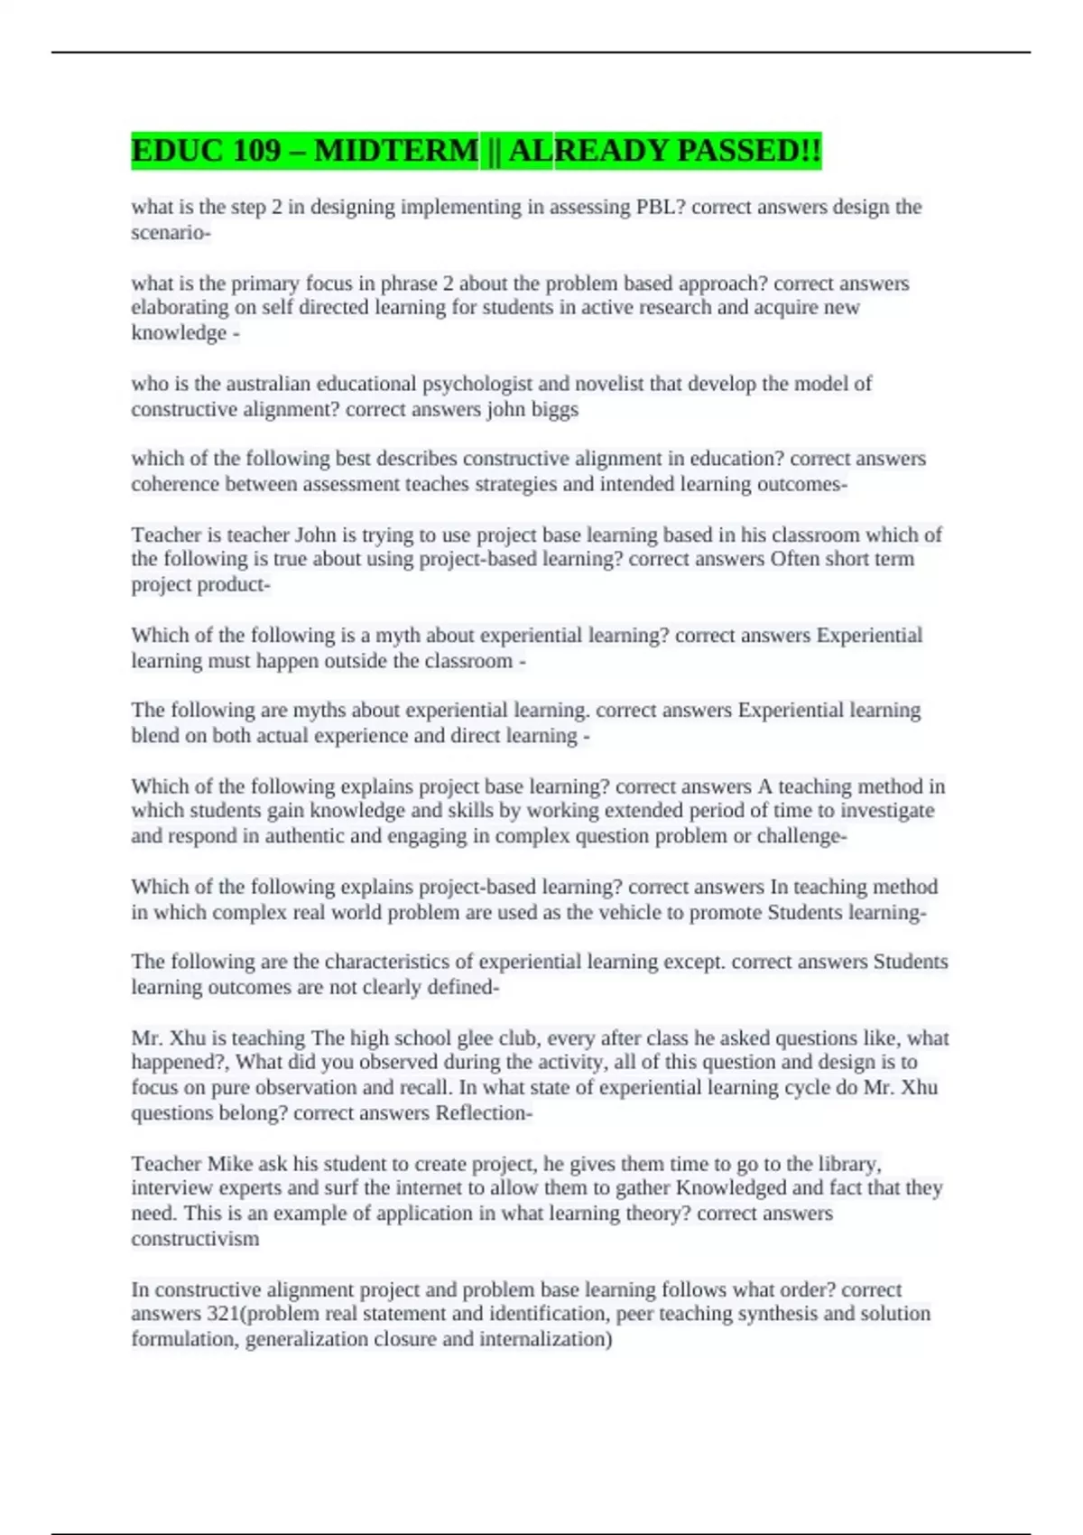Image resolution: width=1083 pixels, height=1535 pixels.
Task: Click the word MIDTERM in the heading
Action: click(x=396, y=151)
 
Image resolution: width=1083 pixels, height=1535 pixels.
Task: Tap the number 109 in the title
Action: click(x=257, y=151)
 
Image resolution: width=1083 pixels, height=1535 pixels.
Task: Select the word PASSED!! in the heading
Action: click(x=749, y=151)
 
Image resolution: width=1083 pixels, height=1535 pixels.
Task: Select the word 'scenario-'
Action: click(x=171, y=232)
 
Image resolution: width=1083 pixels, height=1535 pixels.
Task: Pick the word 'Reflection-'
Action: click(x=484, y=1112)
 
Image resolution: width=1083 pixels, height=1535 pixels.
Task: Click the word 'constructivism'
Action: click(x=195, y=1238)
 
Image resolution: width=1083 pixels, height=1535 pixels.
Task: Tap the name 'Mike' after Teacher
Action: click(x=230, y=1163)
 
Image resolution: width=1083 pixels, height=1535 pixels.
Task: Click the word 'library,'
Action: click(x=847, y=1163)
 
